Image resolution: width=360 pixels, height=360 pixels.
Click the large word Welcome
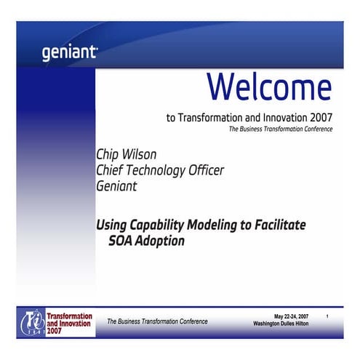pos(269,87)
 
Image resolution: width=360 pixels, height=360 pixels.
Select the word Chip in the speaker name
pos(109,155)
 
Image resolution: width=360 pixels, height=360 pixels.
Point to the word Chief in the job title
pos(112,170)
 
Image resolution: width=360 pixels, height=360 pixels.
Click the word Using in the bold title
pos(113,225)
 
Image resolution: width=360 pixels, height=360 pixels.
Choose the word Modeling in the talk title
pos(216,225)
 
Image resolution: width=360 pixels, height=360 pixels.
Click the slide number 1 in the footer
pos(328,316)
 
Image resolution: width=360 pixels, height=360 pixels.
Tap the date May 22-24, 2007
pos(291,316)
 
